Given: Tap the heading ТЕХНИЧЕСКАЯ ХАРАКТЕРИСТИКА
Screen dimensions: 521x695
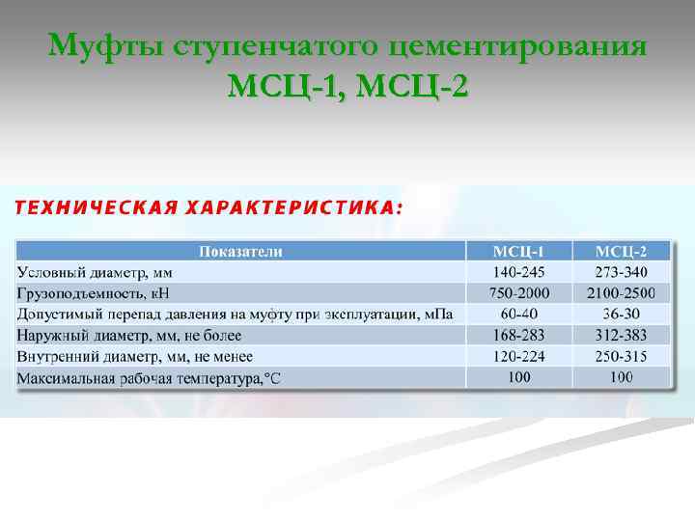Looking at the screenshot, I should click(x=207, y=207).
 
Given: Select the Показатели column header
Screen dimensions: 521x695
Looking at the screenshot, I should click(x=240, y=252).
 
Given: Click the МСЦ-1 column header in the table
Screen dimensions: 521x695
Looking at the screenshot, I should click(x=518, y=252).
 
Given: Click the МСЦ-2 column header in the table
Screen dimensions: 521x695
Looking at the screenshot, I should click(x=621, y=252).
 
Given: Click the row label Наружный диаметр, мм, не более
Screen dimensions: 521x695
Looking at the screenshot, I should click(x=129, y=335).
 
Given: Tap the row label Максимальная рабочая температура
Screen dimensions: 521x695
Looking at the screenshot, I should click(x=150, y=377).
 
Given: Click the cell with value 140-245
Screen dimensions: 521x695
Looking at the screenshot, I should click(x=518, y=272).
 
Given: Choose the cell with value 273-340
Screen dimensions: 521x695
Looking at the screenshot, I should click(x=621, y=272).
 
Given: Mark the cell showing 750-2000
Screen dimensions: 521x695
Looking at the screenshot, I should click(x=518, y=293).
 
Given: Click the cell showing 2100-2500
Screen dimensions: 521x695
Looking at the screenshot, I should click(x=621, y=293).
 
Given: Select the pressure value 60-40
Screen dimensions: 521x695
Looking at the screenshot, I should click(x=518, y=314).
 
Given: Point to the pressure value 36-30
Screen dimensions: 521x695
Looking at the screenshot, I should click(x=621, y=314).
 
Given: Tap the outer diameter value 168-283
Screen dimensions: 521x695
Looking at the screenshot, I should click(x=518, y=335).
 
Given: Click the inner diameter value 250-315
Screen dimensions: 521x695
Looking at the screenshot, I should click(x=621, y=356).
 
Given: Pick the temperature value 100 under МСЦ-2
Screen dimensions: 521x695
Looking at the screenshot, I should click(x=621, y=376).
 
